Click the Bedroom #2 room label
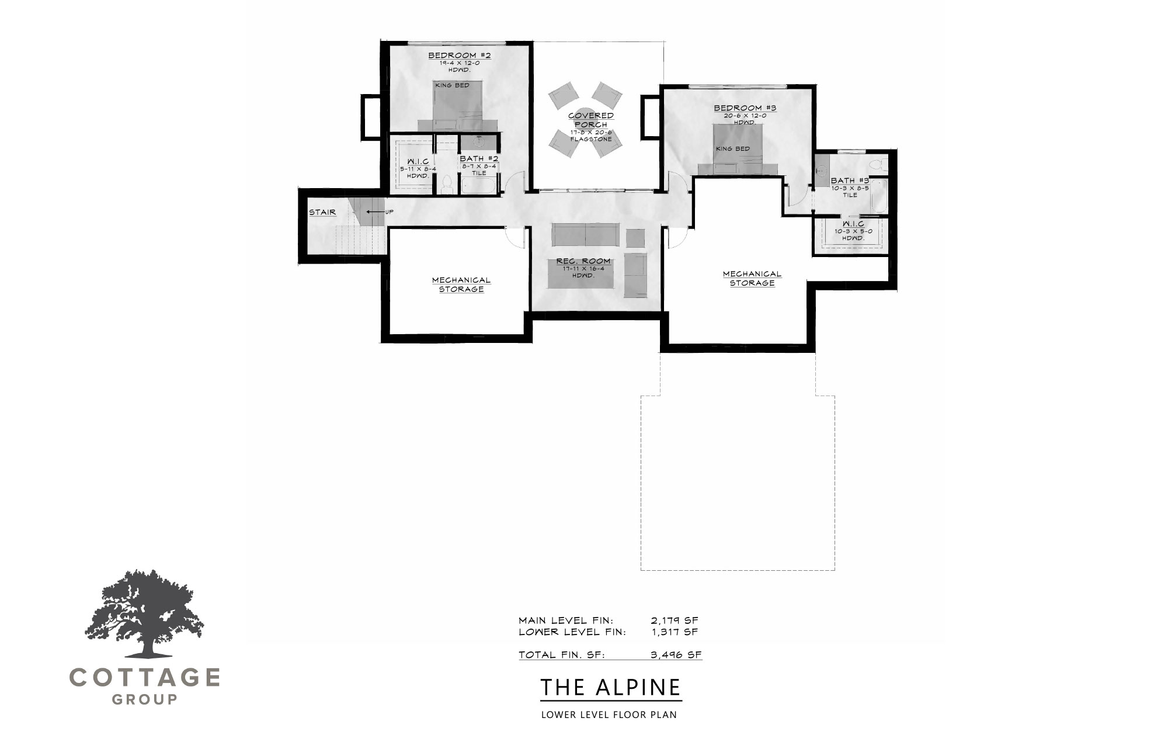[x=460, y=56]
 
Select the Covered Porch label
[x=590, y=120]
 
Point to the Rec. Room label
[x=583, y=261]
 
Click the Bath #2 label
[x=479, y=158]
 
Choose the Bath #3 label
[x=850, y=181]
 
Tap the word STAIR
[x=322, y=213]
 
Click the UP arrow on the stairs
[x=375, y=211]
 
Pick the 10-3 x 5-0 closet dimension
[x=849, y=232]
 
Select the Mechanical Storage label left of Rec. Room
[x=461, y=285]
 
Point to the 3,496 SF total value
[x=676, y=655]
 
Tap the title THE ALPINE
[x=610, y=687]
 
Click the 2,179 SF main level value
[x=675, y=620]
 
